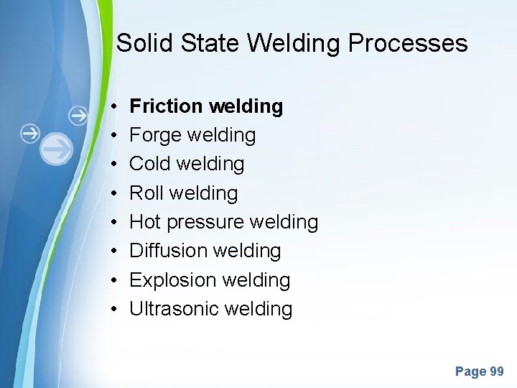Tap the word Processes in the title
[x=408, y=43]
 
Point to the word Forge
[x=154, y=135]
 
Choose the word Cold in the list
[x=149, y=164]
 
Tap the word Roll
[x=146, y=193]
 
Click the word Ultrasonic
[x=174, y=309]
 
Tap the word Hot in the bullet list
[x=146, y=222]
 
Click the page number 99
[x=496, y=371]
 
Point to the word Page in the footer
[x=470, y=371]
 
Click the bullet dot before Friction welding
[x=115, y=107]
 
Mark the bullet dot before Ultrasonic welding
[x=115, y=310]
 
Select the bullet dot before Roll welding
[x=115, y=194]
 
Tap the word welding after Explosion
[x=256, y=280]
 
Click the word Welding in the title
[x=294, y=43]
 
